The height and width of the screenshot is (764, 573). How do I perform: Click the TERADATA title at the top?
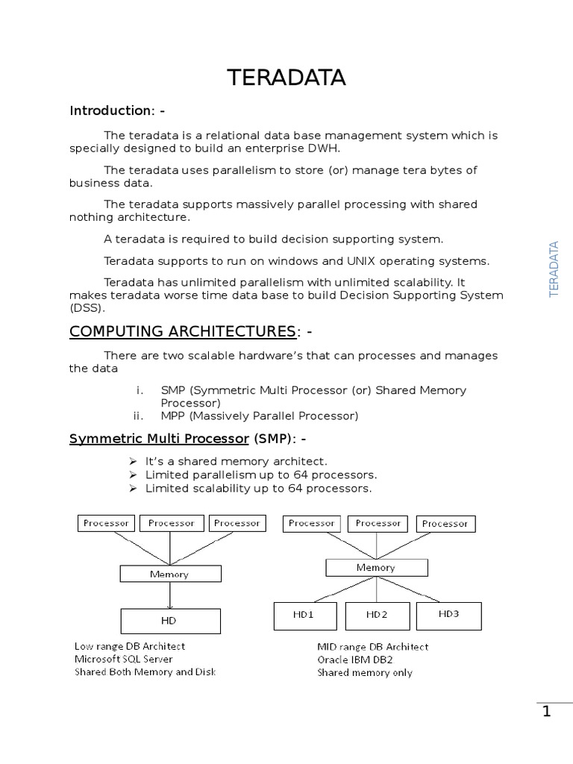tap(286, 78)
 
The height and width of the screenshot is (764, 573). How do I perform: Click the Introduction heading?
tap(117, 110)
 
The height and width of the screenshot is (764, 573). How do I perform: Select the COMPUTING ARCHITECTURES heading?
tap(183, 331)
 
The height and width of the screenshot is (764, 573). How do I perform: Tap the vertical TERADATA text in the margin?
tap(554, 269)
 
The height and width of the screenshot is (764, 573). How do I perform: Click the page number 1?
tap(546, 712)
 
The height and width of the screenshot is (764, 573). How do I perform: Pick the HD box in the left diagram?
tap(170, 620)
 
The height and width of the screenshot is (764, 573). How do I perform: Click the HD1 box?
tap(306, 615)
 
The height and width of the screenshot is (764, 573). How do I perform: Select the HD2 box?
tap(377, 615)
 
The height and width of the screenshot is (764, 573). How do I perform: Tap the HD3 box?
tap(448, 614)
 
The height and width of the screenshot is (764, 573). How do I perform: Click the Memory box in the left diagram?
tap(170, 574)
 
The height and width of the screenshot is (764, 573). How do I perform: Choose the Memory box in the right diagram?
tap(376, 568)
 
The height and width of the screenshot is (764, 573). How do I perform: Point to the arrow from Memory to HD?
tap(170, 595)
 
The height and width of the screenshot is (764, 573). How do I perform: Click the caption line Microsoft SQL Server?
tap(123, 659)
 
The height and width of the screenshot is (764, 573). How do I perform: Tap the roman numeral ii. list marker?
tap(138, 416)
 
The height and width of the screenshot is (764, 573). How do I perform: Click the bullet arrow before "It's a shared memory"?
tap(133, 462)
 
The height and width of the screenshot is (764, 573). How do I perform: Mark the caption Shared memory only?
tap(364, 672)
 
